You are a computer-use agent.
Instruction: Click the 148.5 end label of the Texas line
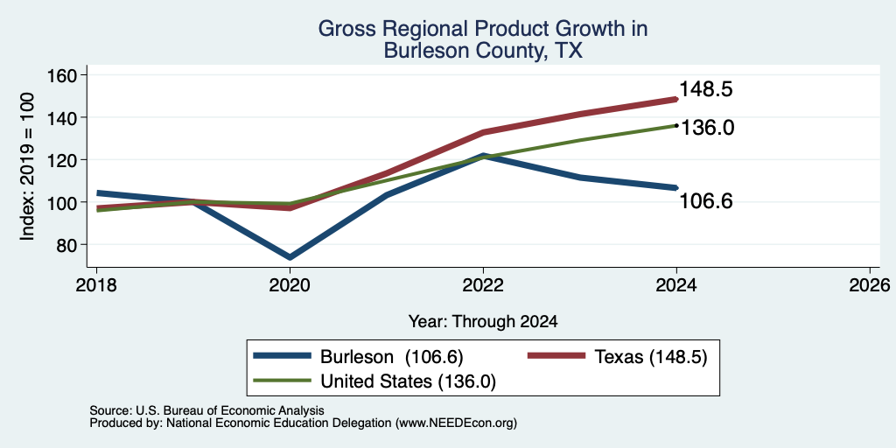pyautogui.click(x=706, y=90)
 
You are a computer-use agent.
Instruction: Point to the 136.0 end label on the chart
pyautogui.click(x=707, y=128)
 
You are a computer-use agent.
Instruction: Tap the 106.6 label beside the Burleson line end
pyautogui.click(x=706, y=201)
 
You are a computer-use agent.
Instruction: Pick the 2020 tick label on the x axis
pyautogui.click(x=290, y=285)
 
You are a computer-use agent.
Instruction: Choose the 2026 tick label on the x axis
pyautogui.click(x=870, y=285)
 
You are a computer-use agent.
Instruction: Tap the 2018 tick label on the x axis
pyautogui.click(x=96, y=285)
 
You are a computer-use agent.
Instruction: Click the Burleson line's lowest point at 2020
pyautogui.click(x=290, y=257)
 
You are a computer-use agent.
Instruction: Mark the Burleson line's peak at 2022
pyautogui.click(x=483, y=156)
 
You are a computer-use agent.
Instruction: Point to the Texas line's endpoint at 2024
pyautogui.click(x=676, y=100)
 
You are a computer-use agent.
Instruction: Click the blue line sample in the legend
pyautogui.click(x=283, y=357)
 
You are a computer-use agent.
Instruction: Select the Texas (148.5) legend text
pyautogui.click(x=651, y=357)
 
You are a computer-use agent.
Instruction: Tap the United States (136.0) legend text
pyautogui.click(x=408, y=381)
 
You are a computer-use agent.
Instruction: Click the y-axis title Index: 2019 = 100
pyautogui.click(x=27, y=167)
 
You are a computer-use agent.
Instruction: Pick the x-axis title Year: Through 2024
pyautogui.click(x=483, y=322)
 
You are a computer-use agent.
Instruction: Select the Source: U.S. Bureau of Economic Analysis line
pyautogui.click(x=206, y=410)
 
